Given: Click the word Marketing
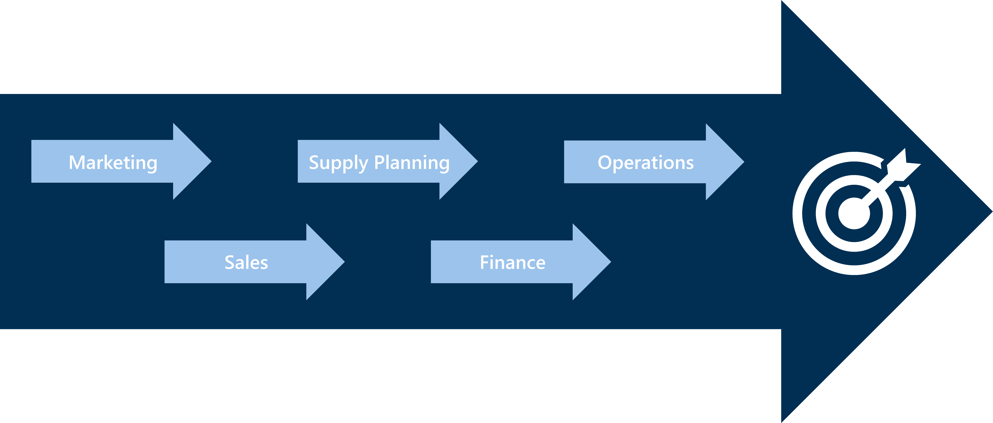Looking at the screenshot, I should pos(113,163).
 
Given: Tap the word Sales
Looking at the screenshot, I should pos(246,263).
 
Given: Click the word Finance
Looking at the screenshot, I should pos(513,263).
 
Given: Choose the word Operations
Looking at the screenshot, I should pos(646,163).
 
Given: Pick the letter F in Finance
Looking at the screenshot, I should pos(484,263).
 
